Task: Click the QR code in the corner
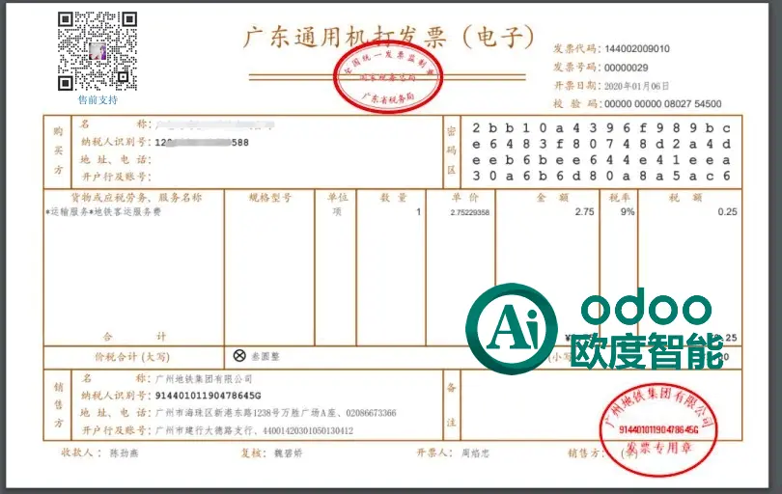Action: (x=97, y=50)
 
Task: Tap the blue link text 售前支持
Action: (x=98, y=99)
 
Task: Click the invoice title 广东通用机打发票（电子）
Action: (x=386, y=39)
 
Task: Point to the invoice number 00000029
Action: (x=627, y=68)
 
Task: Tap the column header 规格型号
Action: (x=269, y=198)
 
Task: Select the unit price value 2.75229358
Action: (x=469, y=212)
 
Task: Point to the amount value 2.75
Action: (x=584, y=211)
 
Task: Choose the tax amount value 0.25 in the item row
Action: (x=727, y=211)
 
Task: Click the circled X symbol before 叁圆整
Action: (x=239, y=355)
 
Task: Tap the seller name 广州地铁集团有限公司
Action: (x=203, y=378)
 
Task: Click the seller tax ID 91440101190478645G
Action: (x=209, y=396)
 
